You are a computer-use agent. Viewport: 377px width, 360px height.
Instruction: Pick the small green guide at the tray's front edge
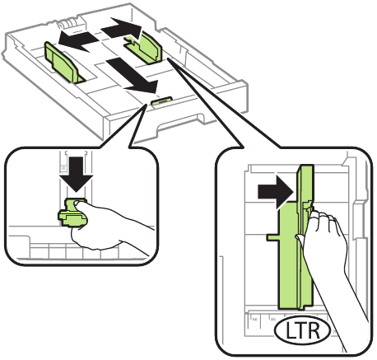pos(161,101)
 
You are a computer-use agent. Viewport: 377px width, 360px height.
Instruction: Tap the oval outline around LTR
pos(279,331)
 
